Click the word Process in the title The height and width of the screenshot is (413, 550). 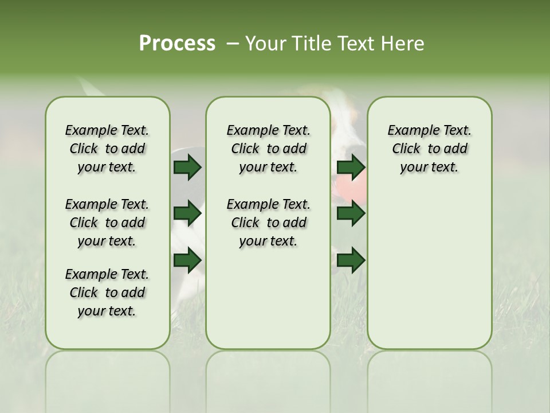(x=177, y=44)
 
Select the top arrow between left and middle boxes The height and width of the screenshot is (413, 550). (x=187, y=167)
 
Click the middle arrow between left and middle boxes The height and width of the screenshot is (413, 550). (x=187, y=213)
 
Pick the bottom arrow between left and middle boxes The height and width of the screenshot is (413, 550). (x=187, y=260)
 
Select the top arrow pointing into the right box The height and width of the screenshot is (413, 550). (x=351, y=167)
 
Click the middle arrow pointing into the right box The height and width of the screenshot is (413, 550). (x=351, y=213)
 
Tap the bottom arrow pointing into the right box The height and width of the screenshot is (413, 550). (x=351, y=260)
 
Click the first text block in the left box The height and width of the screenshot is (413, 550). (x=107, y=149)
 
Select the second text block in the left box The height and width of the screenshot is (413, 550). (x=107, y=223)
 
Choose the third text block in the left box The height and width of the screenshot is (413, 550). (x=107, y=293)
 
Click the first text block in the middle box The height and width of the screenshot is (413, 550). (x=268, y=149)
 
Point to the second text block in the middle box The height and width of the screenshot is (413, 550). (x=268, y=223)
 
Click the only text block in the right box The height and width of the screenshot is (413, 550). (x=429, y=149)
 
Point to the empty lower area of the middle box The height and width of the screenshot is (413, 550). (x=268, y=298)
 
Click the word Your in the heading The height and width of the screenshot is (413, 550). (x=265, y=44)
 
